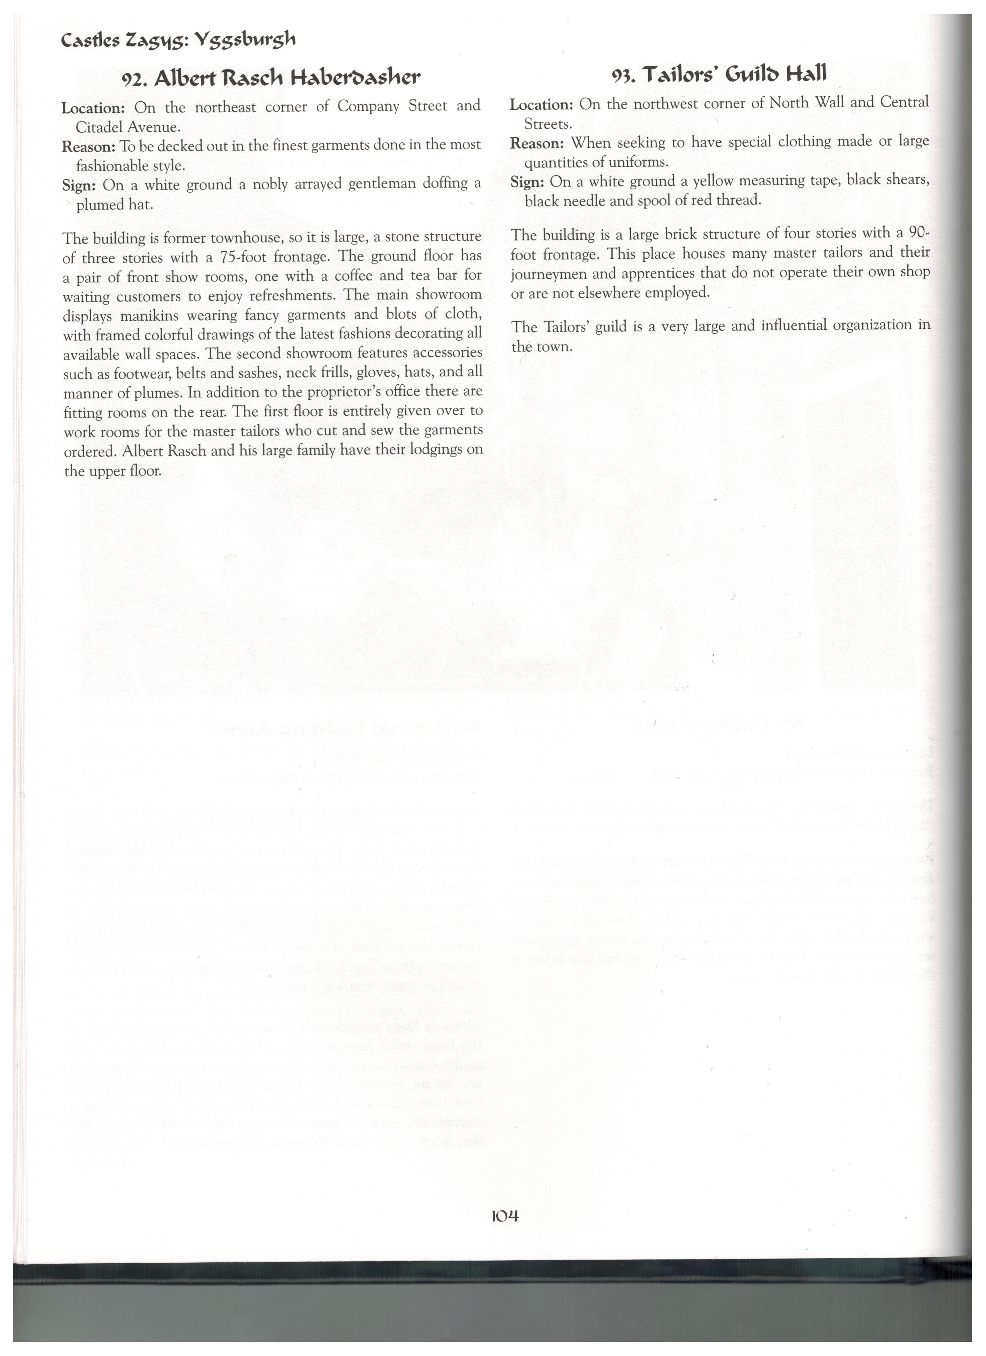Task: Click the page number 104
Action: [x=504, y=1215]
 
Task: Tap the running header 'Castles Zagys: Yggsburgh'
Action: [x=179, y=41]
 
